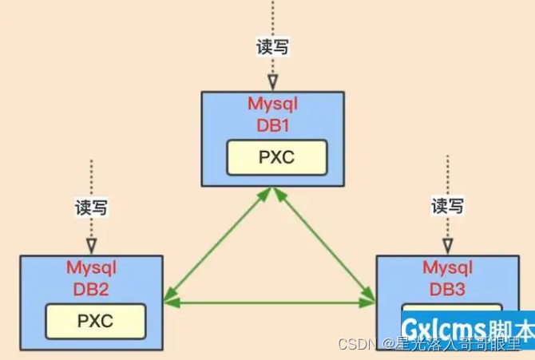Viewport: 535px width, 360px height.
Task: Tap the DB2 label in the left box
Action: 92,287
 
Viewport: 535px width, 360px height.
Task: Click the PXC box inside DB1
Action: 276,157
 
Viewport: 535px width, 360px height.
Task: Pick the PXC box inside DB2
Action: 95,321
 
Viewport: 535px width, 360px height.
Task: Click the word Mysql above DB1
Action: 273,105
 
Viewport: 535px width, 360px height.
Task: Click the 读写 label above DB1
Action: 272,47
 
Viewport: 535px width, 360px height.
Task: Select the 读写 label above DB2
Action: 92,208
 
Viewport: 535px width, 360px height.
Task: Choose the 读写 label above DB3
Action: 448,207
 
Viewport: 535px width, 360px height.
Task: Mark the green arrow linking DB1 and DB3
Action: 323,245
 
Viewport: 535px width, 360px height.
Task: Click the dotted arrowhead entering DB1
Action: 272,81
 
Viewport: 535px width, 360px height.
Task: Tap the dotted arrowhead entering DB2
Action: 92,244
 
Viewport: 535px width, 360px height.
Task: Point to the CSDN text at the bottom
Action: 351,344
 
